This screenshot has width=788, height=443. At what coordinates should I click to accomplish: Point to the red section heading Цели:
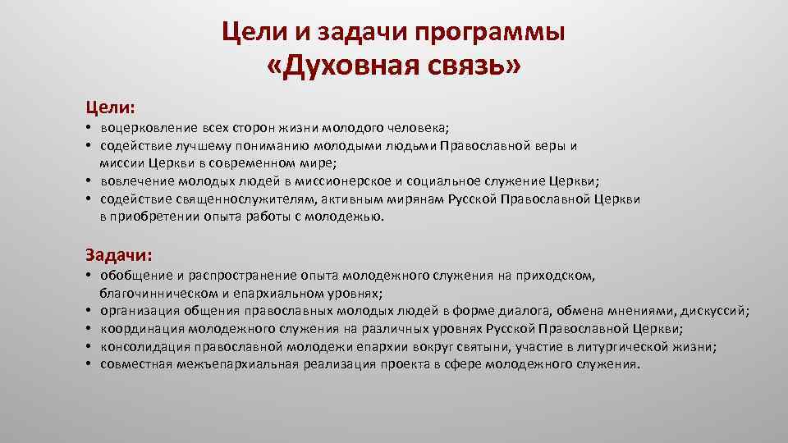click(x=111, y=107)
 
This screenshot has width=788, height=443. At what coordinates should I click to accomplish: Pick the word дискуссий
click(x=717, y=311)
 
